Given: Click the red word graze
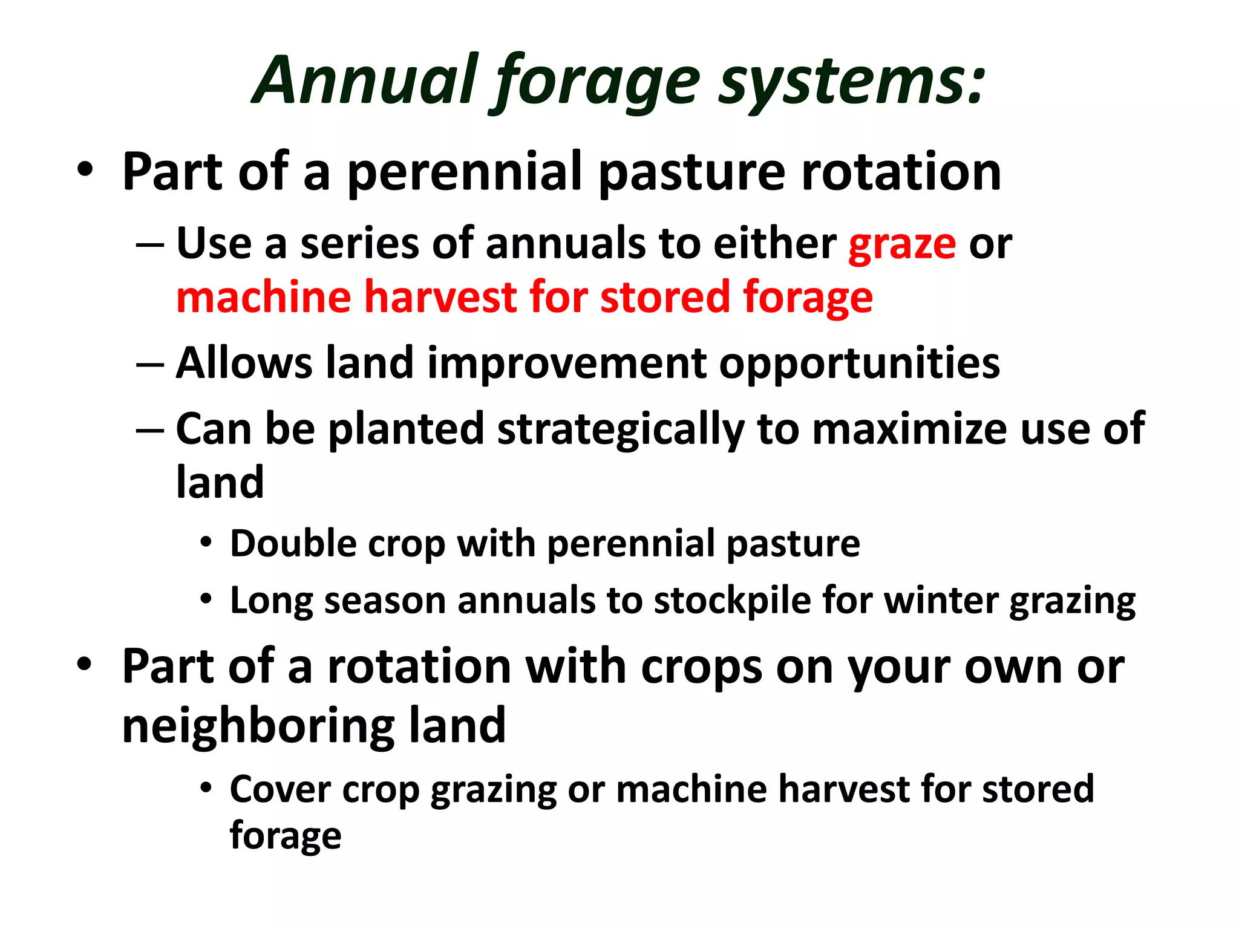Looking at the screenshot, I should coord(902,244).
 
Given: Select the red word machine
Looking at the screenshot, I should coord(264,297).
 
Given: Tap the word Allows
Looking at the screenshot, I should coord(244,363).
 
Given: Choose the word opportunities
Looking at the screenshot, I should coord(859,365).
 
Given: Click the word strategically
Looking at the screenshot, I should coord(621,430).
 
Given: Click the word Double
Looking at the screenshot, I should coord(293,543).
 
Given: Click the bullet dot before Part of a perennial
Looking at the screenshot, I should coord(85,170).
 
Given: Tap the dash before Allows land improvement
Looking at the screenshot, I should coord(150,364).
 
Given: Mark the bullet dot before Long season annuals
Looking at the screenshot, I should coord(206,599).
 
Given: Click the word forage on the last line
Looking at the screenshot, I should coord(286,836).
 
